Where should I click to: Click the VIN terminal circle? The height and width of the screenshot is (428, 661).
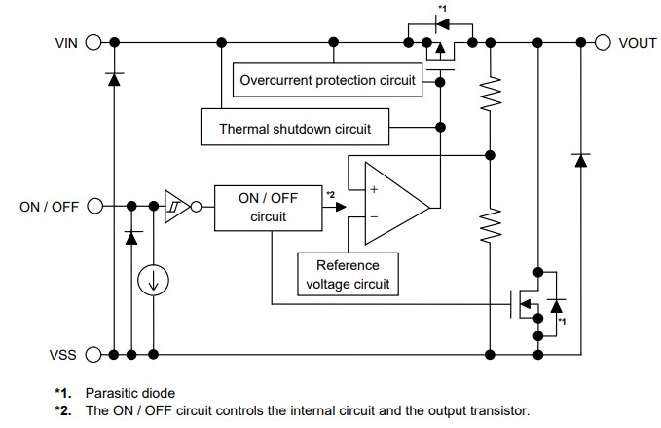tap(94, 42)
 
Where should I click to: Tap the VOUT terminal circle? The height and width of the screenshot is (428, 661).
tap(602, 42)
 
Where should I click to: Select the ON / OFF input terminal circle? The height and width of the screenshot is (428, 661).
tap(94, 206)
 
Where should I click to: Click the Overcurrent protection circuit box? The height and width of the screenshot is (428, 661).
tap(328, 79)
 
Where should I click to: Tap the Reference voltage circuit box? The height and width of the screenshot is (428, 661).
tap(348, 274)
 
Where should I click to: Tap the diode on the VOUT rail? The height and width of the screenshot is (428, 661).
tap(581, 159)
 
